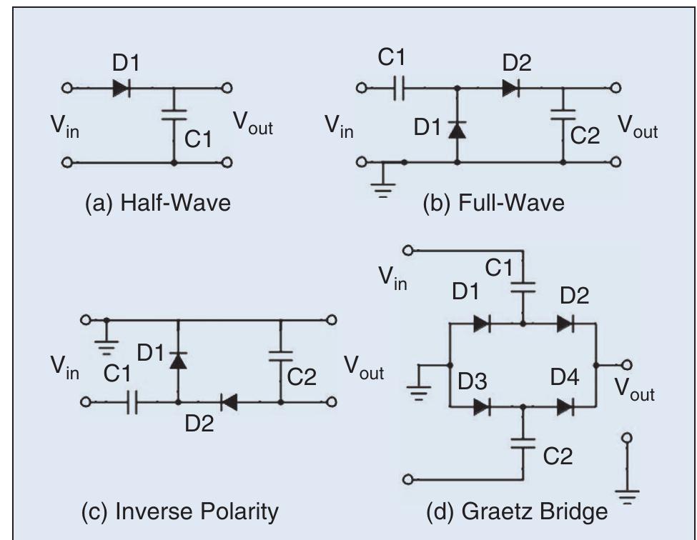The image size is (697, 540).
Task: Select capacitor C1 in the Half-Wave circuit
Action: click(x=174, y=115)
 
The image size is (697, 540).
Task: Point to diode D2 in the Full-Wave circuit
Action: click(x=511, y=89)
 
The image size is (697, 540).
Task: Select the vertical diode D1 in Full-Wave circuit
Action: click(x=458, y=129)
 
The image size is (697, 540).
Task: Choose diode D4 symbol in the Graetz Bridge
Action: click(x=565, y=406)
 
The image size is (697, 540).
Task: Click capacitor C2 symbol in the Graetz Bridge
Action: click(x=524, y=443)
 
